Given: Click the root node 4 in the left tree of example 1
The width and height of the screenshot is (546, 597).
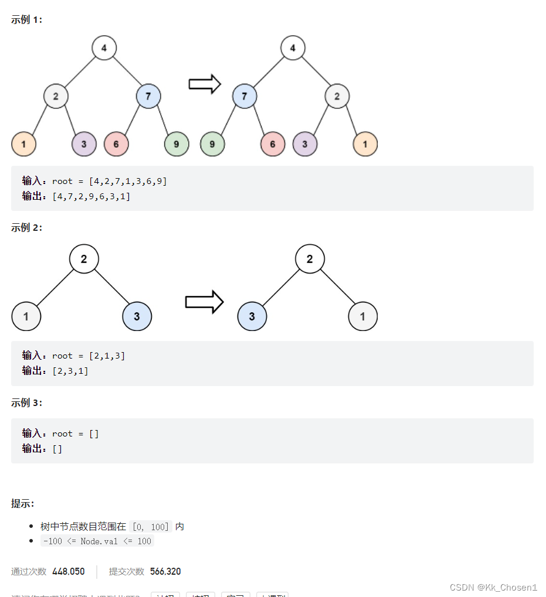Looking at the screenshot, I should pyautogui.click(x=104, y=48).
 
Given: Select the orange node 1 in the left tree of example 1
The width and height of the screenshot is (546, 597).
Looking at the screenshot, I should pyautogui.click(x=23, y=144).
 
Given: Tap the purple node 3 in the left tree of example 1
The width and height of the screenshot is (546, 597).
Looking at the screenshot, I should pyautogui.click(x=84, y=144).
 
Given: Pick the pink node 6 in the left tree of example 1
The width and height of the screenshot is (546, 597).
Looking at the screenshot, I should pyautogui.click(x=116, y=144).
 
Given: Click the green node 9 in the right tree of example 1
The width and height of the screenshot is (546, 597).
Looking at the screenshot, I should pyautogui.click(x=212, y=144).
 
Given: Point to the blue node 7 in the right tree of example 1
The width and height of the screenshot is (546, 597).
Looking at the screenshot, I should pyautogui.click(x=245, y=96).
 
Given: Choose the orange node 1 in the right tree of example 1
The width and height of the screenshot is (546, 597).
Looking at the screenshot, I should pyautogui.click(x=365, y=144).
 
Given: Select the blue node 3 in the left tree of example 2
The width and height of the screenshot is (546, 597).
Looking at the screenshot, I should pyautogui.click(x=137, y=316).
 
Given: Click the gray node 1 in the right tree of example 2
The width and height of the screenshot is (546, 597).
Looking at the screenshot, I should pyautogui.click(x=362, y=316).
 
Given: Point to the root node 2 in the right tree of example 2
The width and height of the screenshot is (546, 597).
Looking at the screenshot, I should pyautogui.click(x=310, y=259).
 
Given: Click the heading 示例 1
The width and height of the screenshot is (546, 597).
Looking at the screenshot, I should pyautogui.click(x=26, y=19).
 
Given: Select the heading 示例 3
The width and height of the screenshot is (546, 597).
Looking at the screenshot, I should pyautogui.click(x=26, y=403).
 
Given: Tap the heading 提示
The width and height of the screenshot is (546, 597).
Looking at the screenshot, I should pyautogui.click(x=23, y=503).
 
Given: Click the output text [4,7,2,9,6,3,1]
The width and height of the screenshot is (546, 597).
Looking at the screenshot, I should pyautogui.click(x=91, y=196).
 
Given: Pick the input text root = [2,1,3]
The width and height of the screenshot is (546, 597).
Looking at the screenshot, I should pyautogui.click(x=89, y=356).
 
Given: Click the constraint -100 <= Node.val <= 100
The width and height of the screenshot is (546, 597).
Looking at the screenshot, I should pyautogui.click(x=97, y=541).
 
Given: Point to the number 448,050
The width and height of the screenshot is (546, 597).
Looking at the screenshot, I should pyautogui.click(x=68, y=571).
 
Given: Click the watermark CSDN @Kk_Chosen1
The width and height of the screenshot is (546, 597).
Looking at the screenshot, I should pyautogui.click(x=493, y=587).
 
